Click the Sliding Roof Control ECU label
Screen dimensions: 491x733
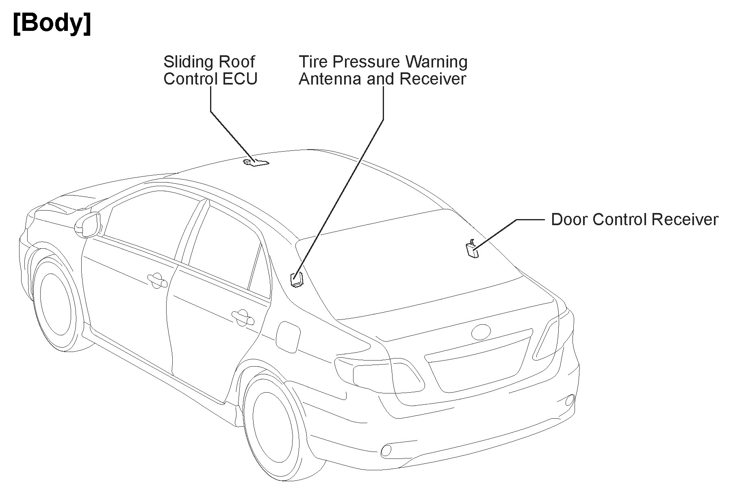[x=210, y=70]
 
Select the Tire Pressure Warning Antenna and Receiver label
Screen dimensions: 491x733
[x=383, y=70]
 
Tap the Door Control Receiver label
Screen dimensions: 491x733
[x=634, y=219]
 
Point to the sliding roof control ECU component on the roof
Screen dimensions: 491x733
[x=256, y=163]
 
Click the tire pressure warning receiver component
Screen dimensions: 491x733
[x=297, y=280]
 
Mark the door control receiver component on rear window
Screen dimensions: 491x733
[x=472, y=248]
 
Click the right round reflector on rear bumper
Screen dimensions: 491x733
[x=570, y=400]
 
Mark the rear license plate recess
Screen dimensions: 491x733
[x=479, y=366]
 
